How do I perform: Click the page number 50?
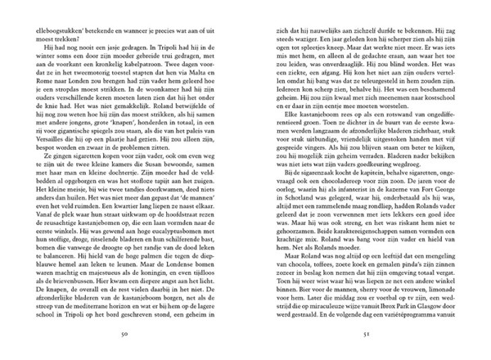click(124, 335)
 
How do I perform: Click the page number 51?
click(365, 335)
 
